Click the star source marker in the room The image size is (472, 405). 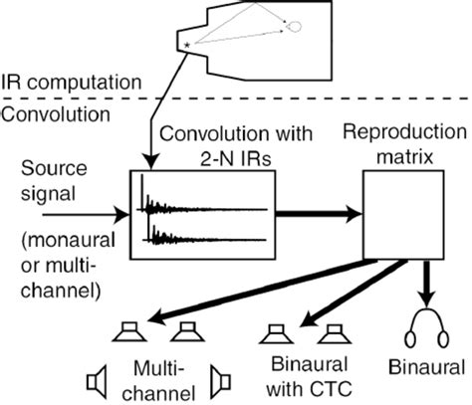(186, 47)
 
